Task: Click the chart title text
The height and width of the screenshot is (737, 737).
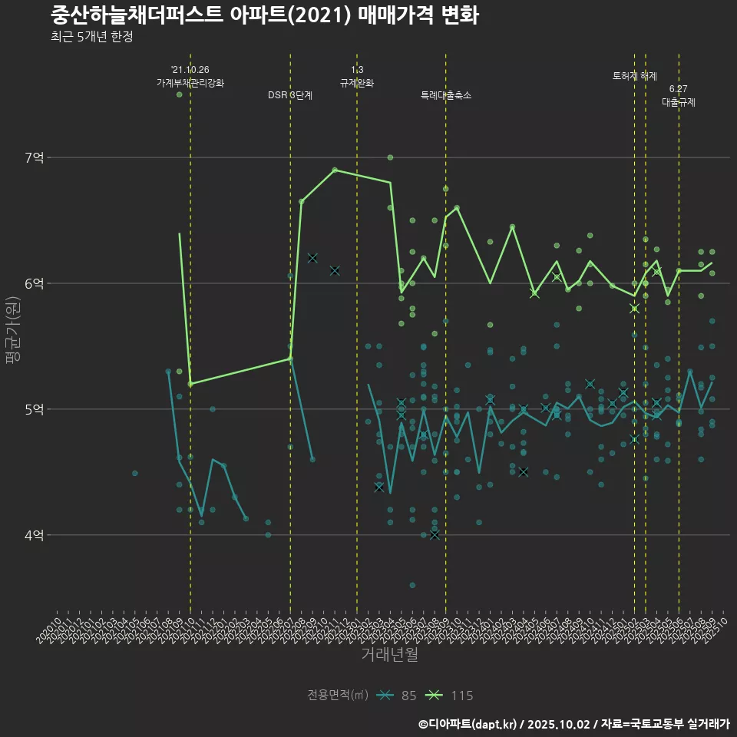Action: tap(265, 15)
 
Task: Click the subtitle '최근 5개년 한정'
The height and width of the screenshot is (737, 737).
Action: tap(91, 37)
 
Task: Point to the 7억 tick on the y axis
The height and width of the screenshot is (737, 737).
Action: tap(35, 157)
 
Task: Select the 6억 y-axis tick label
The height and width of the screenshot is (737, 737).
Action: tap(35, 283)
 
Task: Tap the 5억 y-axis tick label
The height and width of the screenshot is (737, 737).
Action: tap(35, 409)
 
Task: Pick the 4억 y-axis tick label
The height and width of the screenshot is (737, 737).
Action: tap(35, 535)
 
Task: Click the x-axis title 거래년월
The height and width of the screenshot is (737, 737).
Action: tap(390, 654)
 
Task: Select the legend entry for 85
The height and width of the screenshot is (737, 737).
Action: tap(398, 696)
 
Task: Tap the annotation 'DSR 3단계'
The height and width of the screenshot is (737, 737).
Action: tap(290, 95)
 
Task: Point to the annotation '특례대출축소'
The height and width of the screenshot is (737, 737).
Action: tap(446, 95)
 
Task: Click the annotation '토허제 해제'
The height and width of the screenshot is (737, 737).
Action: tap(635, 76)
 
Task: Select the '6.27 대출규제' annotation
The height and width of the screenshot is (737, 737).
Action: tap(679, 96)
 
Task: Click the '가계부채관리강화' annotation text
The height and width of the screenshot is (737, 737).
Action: tap(190, 82)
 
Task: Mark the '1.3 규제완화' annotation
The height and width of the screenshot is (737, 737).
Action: tap(357, 77)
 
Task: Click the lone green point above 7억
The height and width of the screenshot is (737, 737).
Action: tap(179, 94)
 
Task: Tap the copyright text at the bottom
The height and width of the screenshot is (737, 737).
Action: tap(573, 724)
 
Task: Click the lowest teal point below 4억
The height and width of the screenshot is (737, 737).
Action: tap(412, 585)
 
